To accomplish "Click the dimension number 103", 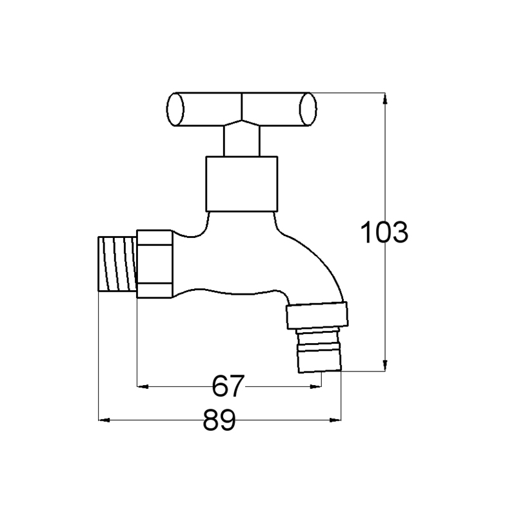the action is coord(384,232).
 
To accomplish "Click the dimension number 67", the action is coord(228,386).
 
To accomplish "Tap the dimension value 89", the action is coord(219,420).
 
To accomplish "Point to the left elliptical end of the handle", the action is coord(175,109).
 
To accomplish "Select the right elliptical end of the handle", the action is coord(308,109).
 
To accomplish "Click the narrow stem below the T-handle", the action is coord(241,141).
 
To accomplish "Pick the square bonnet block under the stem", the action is coord(242,184).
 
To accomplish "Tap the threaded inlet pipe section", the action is coord(117,264).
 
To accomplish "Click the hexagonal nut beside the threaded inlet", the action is coord(155,264).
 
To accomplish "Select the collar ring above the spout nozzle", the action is coord(317,315).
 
